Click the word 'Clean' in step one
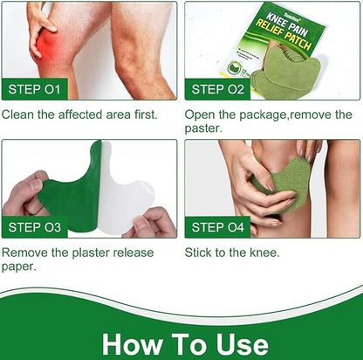point(19,114)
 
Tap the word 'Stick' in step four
point(199,253)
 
